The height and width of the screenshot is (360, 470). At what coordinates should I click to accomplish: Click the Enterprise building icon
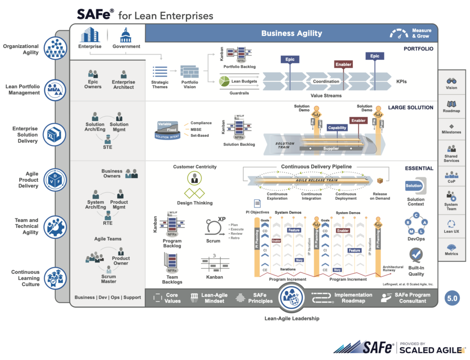point(90,35)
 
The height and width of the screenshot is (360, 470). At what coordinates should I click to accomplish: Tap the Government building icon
point(125,35)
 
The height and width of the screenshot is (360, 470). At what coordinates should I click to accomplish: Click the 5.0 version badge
point(452,298)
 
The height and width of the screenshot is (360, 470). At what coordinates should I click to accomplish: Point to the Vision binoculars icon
point(451,80)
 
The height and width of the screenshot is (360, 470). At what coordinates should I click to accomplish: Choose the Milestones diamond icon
point(451,126)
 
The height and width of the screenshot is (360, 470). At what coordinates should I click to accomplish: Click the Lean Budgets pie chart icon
point(224,81)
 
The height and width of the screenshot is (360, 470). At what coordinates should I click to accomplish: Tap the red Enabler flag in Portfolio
point(343,64)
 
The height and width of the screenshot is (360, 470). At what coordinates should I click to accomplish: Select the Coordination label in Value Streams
point(326,82)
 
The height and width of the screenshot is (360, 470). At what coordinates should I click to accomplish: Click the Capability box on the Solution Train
point(337,128)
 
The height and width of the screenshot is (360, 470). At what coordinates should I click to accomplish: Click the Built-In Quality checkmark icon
point(416,255)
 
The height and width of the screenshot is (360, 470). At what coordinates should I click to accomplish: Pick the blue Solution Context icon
point(414,186)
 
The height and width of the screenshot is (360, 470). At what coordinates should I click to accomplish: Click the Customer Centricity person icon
point(194,178)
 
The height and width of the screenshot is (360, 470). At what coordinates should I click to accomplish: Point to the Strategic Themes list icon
point(160,72)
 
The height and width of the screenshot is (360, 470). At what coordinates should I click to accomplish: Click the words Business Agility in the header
point(291,33)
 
